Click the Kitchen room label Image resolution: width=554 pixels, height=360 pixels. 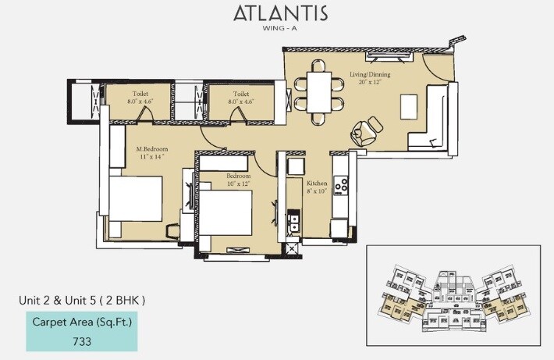[317, 182]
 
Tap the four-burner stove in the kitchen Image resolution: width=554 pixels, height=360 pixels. [341, 186]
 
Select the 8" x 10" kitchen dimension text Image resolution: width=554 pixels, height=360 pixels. [317, 191]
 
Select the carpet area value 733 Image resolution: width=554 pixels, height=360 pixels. [82, 340]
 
